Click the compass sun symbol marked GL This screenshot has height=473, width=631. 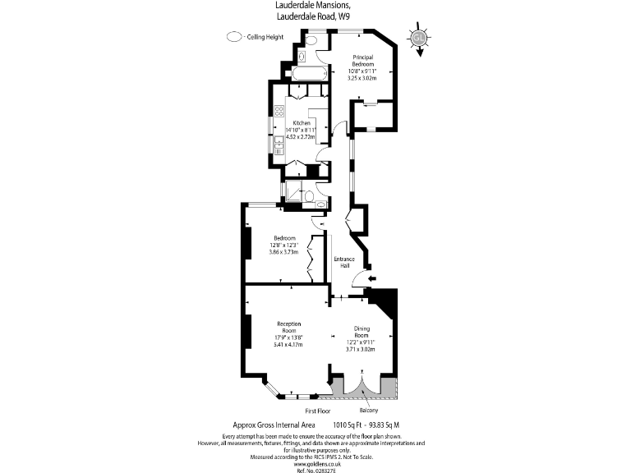point(419,38)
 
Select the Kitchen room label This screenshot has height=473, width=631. point(302,123)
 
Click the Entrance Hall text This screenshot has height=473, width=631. point(343,263)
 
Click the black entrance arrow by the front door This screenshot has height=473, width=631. point(371,280)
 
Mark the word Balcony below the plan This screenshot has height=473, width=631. point(369,410)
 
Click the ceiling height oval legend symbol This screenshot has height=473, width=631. point(234,36)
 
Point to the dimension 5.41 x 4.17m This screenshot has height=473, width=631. point(288,344)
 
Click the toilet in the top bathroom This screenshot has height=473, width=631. point(302,56)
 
